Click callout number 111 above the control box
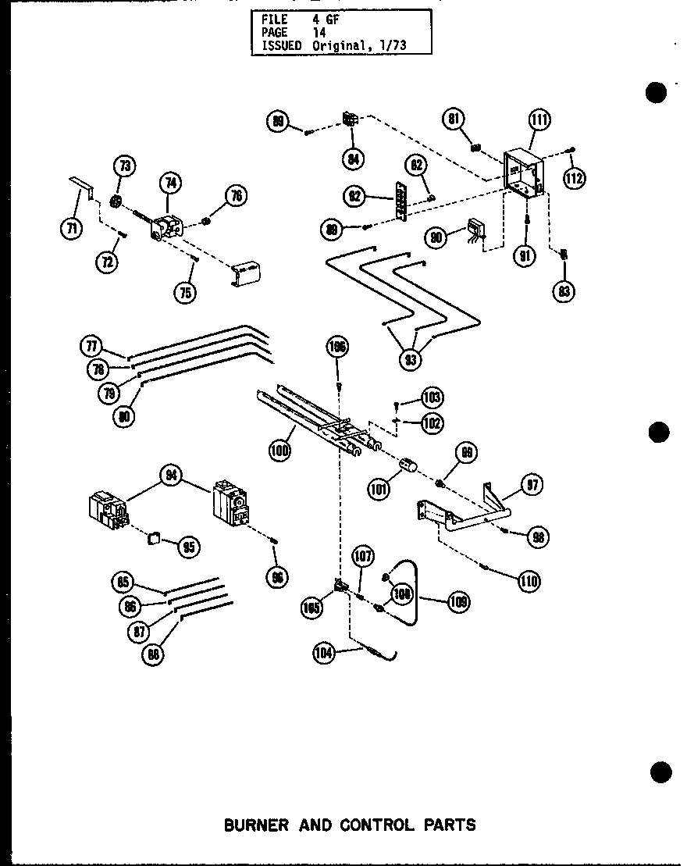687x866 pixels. [x=539, y=119]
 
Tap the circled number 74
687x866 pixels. [x=169, y=184]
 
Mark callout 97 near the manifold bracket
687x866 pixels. [x=533, y=484]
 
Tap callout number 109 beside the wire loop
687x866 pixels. [x=458, y=602]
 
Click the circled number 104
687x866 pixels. [x=324, y=654]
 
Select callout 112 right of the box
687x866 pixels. [x=574, y=178]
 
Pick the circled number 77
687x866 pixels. [x=91, y=344]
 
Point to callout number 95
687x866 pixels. [x=188, y=547]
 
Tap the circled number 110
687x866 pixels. [x=529, y=580]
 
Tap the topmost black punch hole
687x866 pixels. [x=657, y=91]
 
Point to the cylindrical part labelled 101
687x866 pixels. [x=406, y=467]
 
